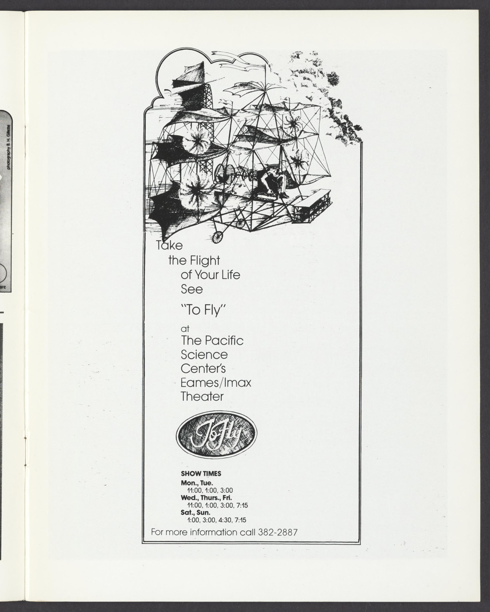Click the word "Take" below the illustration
[x=169, y=245]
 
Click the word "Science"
[x=204, y=355]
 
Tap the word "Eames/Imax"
[x=216, y=383]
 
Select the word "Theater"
[x=202, y=397]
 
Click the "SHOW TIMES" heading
[x=201, y=474]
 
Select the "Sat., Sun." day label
[x=196, y=513]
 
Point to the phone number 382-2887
[x=278, y=532]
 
